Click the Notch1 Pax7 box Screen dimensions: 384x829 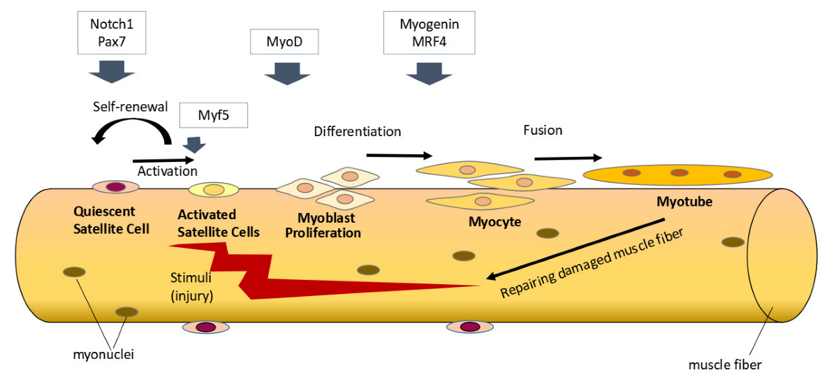(110, 34)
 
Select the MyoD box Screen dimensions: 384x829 (284, 42)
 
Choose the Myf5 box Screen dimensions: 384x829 (214, 115)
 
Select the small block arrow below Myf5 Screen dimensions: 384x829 (193, 145)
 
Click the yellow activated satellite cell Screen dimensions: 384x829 (214, 189)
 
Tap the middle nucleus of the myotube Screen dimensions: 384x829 (678, 172)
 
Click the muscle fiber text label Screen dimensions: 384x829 (724, 363)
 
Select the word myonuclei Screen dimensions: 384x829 (103, 355)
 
